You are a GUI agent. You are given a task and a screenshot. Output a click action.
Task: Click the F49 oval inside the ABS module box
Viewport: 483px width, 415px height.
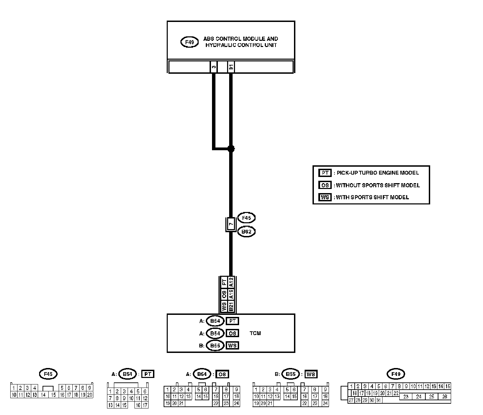pyautogui.click(x=189, y=42)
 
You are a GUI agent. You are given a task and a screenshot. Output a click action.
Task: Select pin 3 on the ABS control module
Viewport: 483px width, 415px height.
pyautogui.click(x=214, y=67)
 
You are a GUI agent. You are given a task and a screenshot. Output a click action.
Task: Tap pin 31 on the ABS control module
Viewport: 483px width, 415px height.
pyautogui.click(x=231, y=67)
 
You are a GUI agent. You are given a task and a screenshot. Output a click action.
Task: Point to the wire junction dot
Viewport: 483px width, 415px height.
pyautogui.click(x=231, y=149)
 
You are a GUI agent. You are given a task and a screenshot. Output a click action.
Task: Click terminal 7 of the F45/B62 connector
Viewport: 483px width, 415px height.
pyautogui.click(x=231, y=224)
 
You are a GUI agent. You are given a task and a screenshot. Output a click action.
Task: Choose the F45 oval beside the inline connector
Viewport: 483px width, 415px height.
pyautogui.click(x=246, y=218)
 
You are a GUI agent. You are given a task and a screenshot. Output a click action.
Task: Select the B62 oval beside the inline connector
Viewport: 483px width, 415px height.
pyautogui.click(x=246, y=232)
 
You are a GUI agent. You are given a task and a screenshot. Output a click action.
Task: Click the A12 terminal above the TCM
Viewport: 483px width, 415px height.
pyautogui.click(x=231, y=282)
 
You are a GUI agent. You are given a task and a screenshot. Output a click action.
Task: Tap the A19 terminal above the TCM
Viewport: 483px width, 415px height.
pyautogui.click(x=231, y=294)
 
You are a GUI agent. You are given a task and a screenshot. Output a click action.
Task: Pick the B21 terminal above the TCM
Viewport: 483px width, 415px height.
pyautogui.click(x=231, y=306)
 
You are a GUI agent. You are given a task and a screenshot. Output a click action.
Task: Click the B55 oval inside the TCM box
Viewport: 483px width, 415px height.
pyautogui.click(x=215, y=345)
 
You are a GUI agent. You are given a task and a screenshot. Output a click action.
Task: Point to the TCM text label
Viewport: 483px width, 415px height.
pyautogui.click(x=255, y=333)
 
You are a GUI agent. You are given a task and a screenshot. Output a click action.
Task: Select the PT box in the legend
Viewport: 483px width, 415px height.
pyautogui.click(x=325, y=173)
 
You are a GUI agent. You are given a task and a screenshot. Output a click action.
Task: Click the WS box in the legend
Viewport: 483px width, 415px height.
pyautogui.click(x=325, y=197)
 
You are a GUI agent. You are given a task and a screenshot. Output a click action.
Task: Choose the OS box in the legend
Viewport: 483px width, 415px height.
pyautogui.click(x=325, y=185)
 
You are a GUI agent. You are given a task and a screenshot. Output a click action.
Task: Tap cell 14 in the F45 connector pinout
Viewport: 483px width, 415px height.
pyautogui.click(x=43, y=395)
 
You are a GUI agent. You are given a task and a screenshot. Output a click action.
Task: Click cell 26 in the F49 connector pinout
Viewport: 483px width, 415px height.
pyautogui.click(x=445, y=396)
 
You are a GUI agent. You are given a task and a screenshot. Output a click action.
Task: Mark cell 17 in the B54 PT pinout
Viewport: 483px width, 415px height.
pyautogui.click(x=145, y=405)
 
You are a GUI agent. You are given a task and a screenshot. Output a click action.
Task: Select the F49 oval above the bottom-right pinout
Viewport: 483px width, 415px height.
pyautogui.click(x=396, y=374)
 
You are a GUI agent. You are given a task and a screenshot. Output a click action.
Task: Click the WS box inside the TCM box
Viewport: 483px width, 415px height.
pyautogui.click(x=232, y=345)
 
